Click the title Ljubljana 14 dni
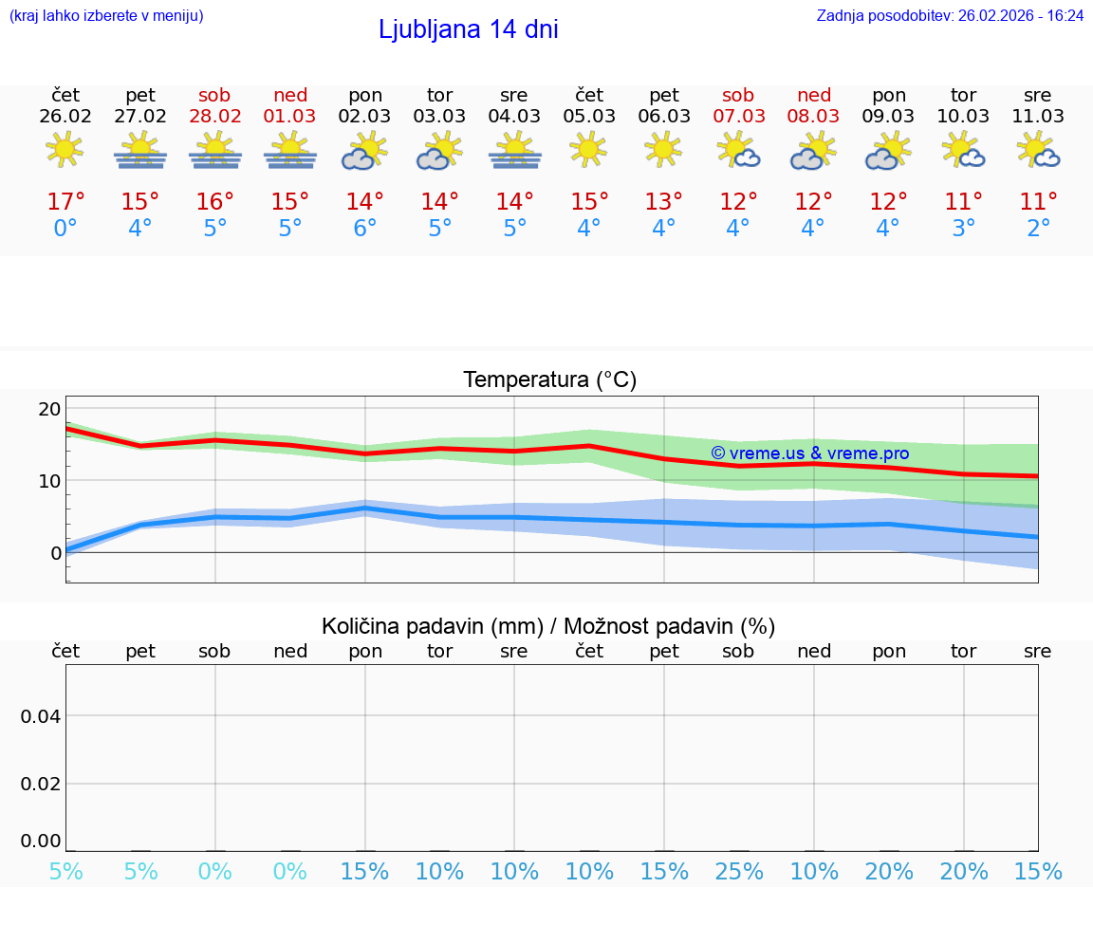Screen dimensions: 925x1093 468,29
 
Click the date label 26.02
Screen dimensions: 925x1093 65,117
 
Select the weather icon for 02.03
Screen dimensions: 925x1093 365,152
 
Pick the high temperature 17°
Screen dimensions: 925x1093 65,202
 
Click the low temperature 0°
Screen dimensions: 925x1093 65,229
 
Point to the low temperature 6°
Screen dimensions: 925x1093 365,229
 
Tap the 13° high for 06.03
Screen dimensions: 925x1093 664,202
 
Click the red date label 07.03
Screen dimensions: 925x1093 738,117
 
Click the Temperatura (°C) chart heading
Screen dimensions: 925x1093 549,380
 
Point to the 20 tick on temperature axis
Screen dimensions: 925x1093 49,409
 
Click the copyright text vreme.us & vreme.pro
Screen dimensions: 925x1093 809,453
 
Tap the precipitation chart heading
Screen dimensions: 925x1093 548,626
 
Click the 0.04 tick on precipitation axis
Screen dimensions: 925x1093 41,716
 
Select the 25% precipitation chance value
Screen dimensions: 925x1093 738,872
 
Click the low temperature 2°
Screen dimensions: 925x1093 1038,229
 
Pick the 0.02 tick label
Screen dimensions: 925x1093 41,784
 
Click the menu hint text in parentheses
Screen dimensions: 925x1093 106,15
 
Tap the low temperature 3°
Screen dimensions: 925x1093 963,229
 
